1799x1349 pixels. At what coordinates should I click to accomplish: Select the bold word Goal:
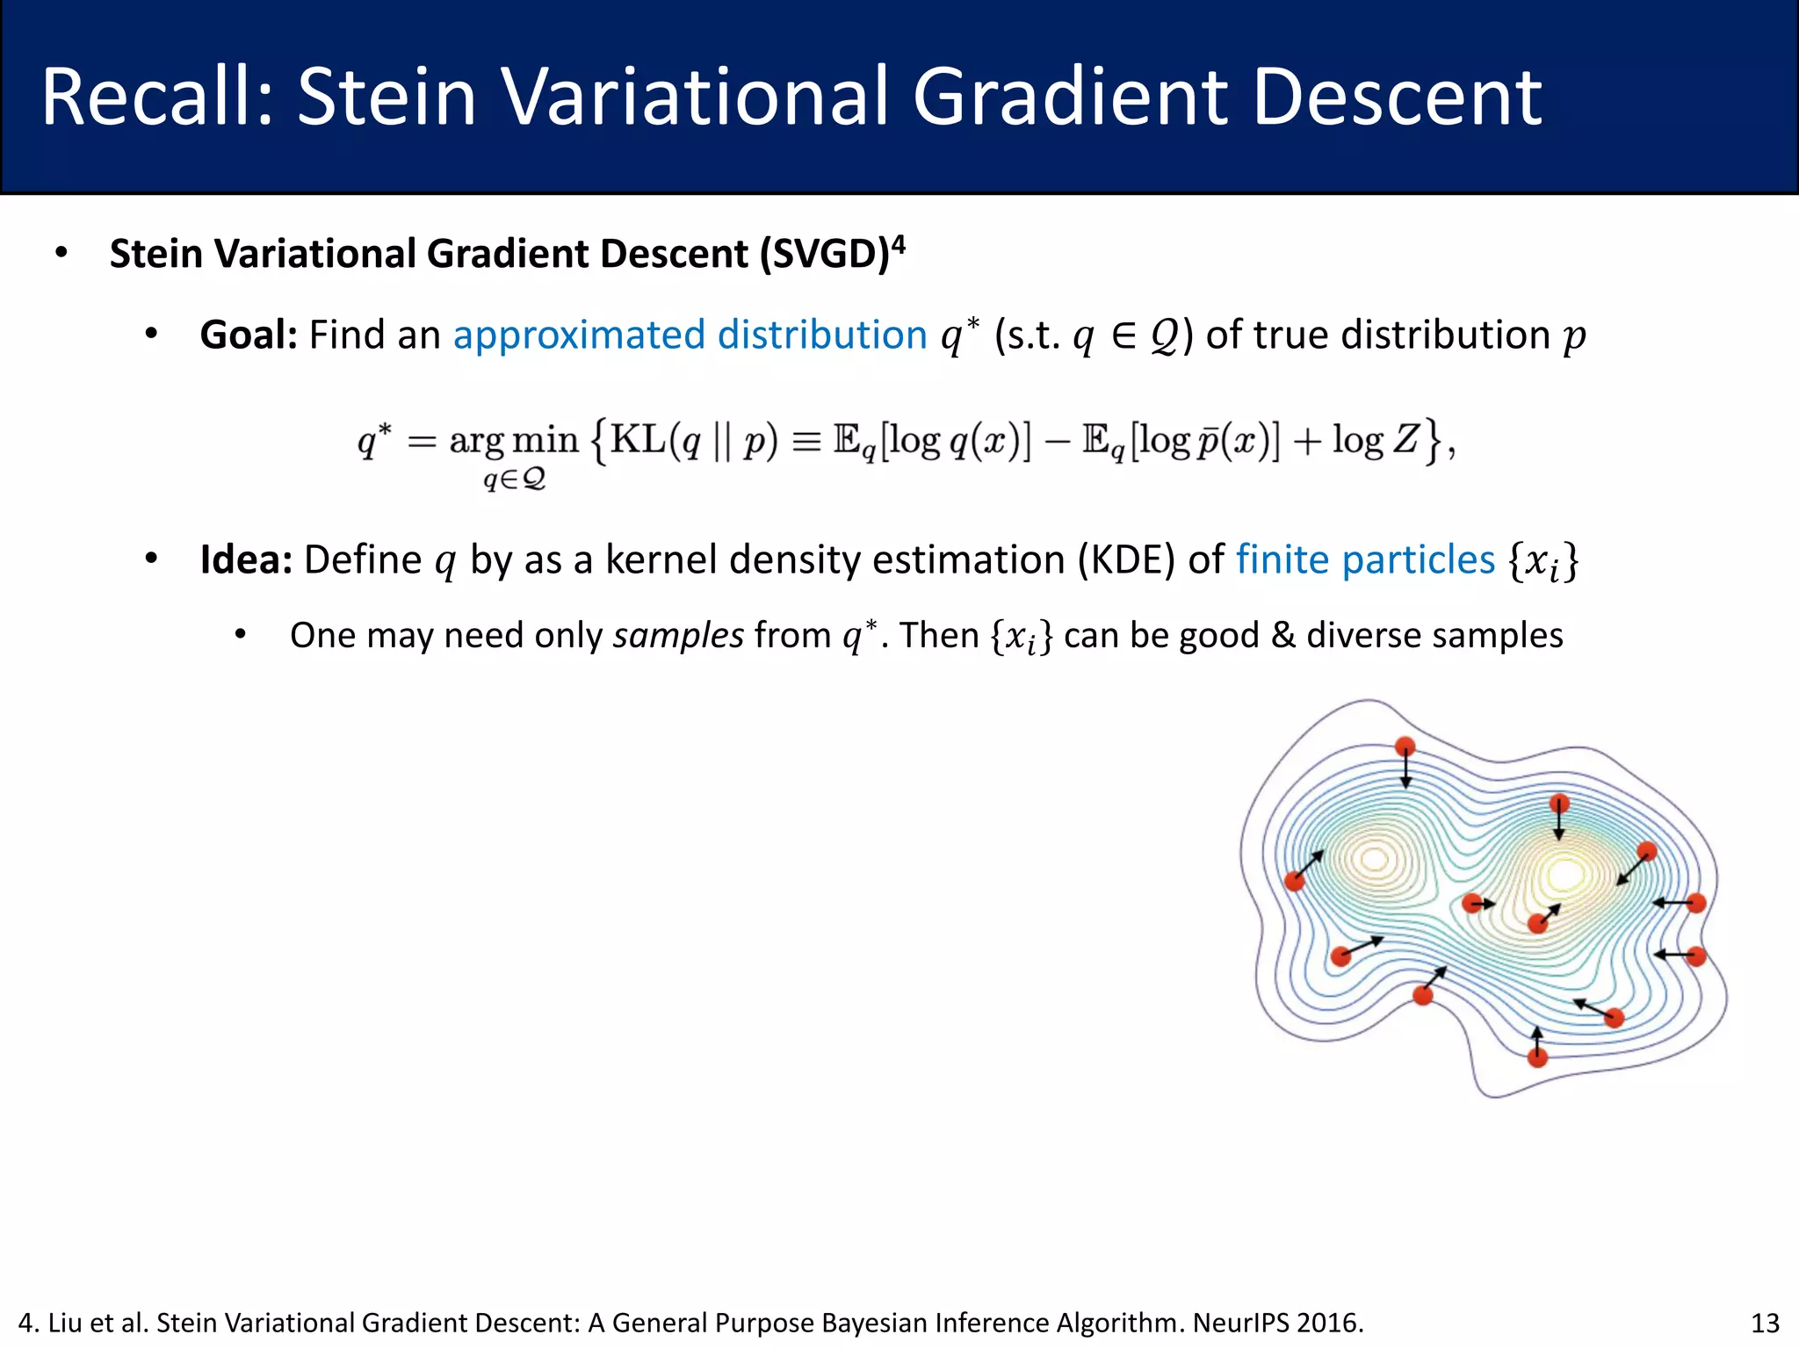249,335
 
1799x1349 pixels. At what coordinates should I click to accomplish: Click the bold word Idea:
246,559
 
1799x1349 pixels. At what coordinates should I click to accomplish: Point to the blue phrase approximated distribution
690,335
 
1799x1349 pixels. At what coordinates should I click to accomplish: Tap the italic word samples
678,635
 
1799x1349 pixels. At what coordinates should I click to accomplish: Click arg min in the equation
513,439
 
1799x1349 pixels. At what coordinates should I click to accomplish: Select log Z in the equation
1375,439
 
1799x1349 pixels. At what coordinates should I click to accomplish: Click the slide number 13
1765,1323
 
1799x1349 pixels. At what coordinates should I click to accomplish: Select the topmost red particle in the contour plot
1405,747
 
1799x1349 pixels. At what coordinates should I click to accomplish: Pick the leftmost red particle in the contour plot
1294,881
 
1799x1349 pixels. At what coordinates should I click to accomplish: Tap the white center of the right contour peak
1564,875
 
